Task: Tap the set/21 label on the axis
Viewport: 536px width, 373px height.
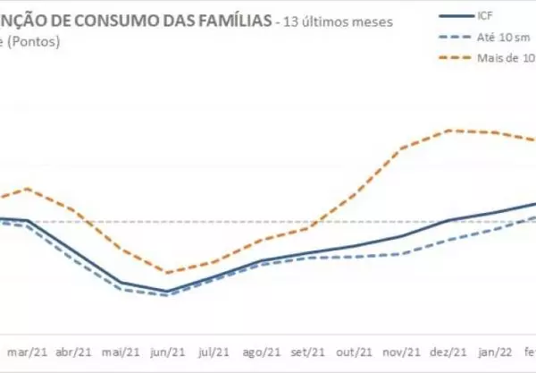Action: click(310, 353)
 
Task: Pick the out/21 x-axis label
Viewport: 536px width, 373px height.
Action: click(356, 353)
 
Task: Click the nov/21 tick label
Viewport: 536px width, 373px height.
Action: click(403, 353)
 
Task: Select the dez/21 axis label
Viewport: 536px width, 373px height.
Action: click(449, 353)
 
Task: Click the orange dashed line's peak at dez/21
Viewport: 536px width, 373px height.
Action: click(453, 131)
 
